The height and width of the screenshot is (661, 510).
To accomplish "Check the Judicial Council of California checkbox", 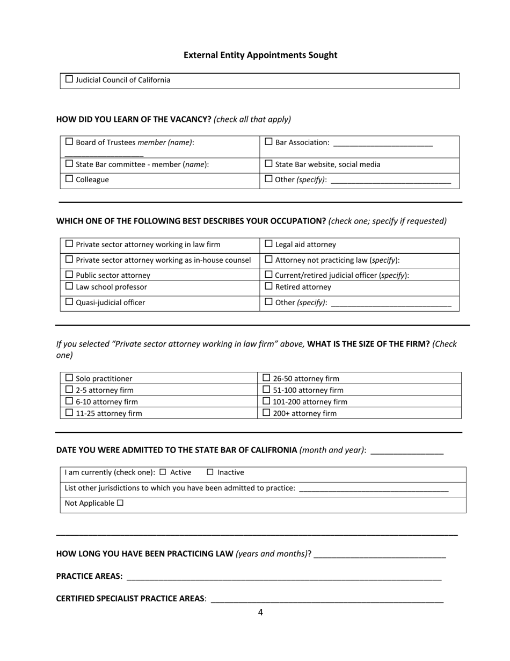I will click(69, 80).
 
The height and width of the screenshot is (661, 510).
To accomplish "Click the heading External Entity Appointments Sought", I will click(260, 55).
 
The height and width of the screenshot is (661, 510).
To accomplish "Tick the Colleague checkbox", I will click(69, 179).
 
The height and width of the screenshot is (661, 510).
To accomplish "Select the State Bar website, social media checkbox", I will click(269, 163).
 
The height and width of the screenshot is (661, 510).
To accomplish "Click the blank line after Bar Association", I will click(382, 143).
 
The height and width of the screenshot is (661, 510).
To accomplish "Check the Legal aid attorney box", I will click(269, 244).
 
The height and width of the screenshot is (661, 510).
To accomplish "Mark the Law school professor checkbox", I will click(69, 286).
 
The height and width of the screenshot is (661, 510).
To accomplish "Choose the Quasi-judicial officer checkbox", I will click(69, 302).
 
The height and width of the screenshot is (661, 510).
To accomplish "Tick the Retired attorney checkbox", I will click(269, 286).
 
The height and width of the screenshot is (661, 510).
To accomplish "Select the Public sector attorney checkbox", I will click(69, 275).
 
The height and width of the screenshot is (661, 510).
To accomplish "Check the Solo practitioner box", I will click(69, 378).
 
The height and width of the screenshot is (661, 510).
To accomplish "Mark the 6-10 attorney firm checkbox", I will click(69, 401).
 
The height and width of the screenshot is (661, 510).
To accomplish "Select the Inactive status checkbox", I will click(210, 472).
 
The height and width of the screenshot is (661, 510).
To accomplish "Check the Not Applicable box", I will click(120, 503).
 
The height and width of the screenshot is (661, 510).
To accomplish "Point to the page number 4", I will click(260, 612).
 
